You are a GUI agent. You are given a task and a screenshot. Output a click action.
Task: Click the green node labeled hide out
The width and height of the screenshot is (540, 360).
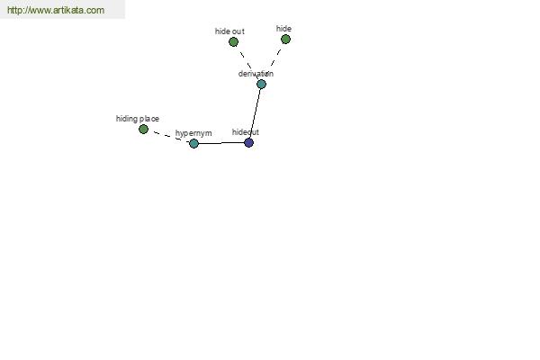coord(233,42)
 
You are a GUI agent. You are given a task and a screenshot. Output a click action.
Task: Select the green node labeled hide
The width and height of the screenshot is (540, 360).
coord(285,40)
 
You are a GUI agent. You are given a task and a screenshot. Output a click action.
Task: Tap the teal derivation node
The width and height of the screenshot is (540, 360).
coord(261,84)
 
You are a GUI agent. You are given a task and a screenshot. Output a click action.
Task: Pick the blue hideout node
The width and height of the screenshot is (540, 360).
coord(248,142)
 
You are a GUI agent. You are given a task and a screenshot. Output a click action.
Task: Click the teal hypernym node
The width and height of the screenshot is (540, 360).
coord(193,143)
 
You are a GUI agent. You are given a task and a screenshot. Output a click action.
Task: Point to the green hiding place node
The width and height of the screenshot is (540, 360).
coord(143,130)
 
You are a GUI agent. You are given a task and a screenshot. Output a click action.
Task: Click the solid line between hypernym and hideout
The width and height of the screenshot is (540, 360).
coord(221,142)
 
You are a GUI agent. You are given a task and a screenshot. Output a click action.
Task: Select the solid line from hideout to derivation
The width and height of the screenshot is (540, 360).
coord(256,113)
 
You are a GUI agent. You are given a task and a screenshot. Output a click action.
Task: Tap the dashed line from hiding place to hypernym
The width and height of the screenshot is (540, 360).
coord(169,137)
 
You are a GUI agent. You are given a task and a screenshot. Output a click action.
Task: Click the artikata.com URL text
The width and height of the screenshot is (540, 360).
coord(56,10)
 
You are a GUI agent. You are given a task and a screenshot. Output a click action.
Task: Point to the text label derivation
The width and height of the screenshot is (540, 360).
coord(256,74)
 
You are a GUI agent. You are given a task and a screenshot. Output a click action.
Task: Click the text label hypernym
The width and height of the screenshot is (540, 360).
coord(193,133)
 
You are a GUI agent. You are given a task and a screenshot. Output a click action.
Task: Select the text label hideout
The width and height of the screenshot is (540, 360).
coord(245,132)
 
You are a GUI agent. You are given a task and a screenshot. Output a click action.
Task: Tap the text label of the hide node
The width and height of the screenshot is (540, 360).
coord(283,29)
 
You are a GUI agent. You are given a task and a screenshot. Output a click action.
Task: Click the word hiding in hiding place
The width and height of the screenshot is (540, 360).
coord(127,119)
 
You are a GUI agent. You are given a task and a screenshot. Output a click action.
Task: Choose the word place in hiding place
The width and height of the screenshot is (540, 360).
coord(149,119)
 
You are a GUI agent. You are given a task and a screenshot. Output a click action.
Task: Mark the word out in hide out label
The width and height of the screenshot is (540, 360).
coord(238,31)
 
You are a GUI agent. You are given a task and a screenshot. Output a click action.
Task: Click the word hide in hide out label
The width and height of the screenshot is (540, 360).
coord(222,31)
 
